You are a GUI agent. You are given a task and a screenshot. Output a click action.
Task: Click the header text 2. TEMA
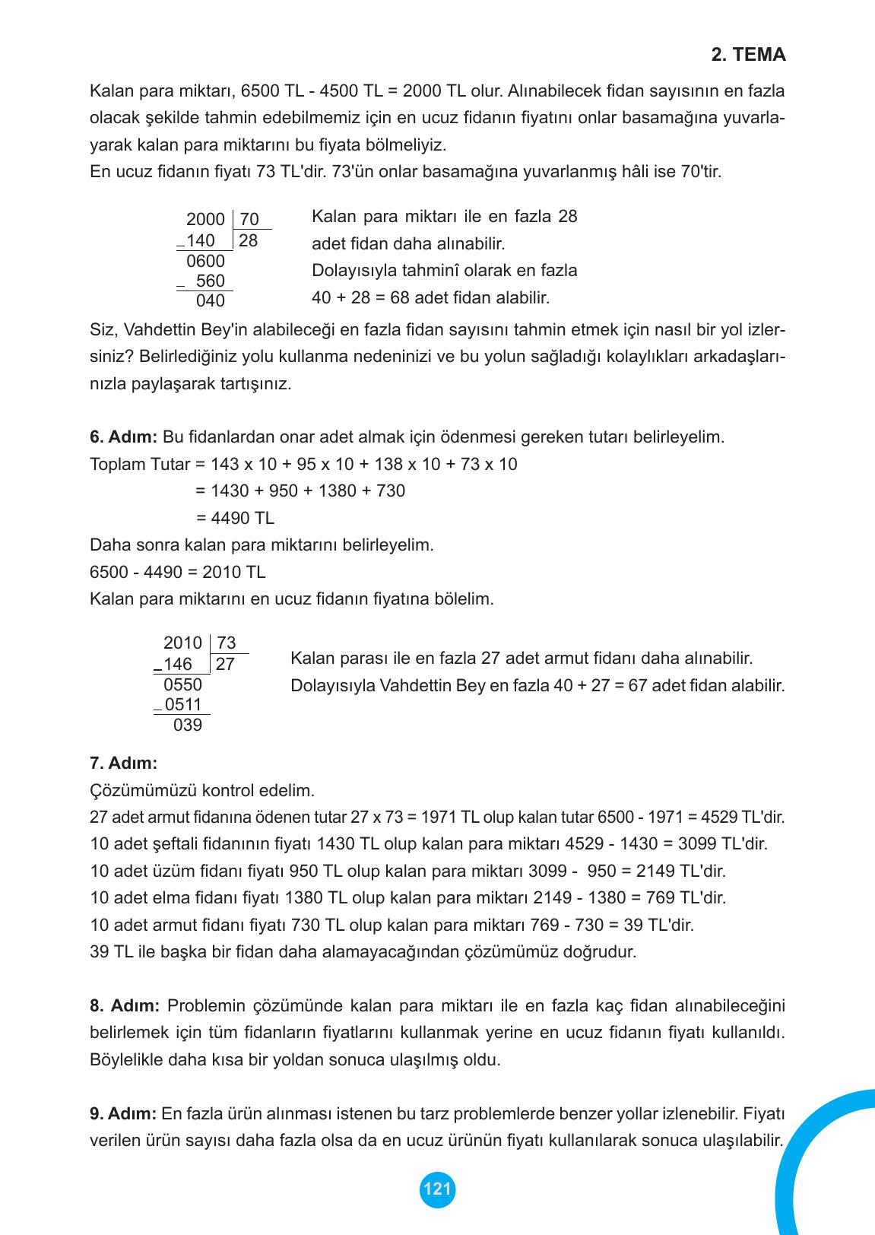(748, 56)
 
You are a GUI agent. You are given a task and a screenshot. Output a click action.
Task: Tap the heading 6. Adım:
(123, 437)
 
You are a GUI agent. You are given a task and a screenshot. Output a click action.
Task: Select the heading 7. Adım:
(123, 762)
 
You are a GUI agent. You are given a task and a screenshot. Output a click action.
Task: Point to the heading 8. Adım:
(124, 1006)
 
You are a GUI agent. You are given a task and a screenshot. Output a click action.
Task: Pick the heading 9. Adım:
(123, 1114)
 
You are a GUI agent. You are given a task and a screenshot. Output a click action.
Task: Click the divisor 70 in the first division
(249, 220)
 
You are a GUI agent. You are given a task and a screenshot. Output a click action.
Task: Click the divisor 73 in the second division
(227, 643)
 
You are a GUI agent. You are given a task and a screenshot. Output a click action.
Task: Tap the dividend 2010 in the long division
(182, 643)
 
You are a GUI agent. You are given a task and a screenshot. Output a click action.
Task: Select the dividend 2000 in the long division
(205, 220)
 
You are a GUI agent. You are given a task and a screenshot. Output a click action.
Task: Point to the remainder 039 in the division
(188, 725)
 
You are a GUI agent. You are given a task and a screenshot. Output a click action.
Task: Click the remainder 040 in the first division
(211, 301)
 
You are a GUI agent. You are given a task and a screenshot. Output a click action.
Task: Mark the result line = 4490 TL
(235, 519)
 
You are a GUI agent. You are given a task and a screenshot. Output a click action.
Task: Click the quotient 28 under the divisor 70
(248, 241)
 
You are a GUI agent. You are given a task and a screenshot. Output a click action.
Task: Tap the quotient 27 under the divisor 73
(225, 665)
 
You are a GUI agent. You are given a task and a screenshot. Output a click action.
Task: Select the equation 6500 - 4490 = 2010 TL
(178, 572)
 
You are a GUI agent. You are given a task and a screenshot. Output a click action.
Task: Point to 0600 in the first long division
(205, 262)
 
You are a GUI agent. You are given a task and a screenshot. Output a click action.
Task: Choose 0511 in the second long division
(183, 704)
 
